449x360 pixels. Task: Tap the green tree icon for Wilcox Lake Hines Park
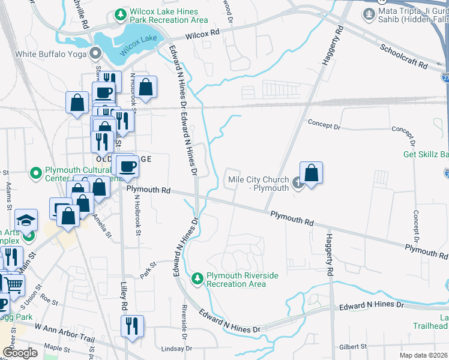click(x=121, y=13)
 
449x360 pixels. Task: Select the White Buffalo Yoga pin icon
click(x=95, y=54)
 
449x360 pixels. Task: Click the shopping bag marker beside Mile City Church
click(x=311, y=173)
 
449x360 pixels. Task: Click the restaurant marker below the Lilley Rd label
click(x=132, y=326)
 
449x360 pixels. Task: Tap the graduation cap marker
click(x=26, y=220)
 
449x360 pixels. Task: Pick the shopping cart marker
click(x=14, y=286)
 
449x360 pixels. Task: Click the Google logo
click(x=20, y=353)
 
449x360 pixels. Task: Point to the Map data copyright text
click(x=423, y=355)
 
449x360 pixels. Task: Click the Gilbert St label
click(x=352, y=346)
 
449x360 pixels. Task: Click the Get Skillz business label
click(x=426, y=154)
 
